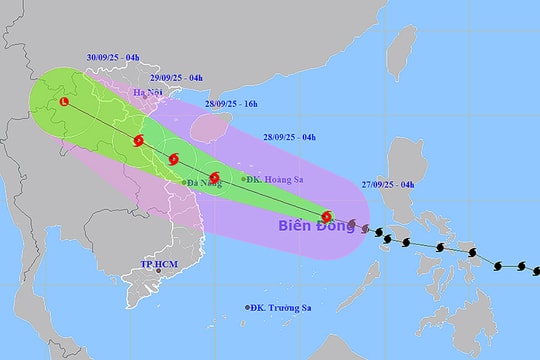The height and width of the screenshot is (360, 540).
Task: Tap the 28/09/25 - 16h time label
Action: pyautogui.click(x=232, y=104)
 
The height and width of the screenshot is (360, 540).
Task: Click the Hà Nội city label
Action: pyautogui.click(x=147, y=93)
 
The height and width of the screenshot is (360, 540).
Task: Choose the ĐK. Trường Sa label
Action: pyautogui.click(x=283, y=307)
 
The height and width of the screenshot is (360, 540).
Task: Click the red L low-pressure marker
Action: pyautogui.click(x=65, y=102)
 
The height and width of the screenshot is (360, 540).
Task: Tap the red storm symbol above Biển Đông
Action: pyautogui.click(x=327, y=216)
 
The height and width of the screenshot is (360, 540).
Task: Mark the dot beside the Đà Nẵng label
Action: pyautogui.click(x=185, y=182)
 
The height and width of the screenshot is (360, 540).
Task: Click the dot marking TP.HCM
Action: pyautogui.click(x=158, y=271)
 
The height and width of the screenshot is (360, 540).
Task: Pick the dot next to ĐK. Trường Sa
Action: pyautogui.click(x=248, y=307)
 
